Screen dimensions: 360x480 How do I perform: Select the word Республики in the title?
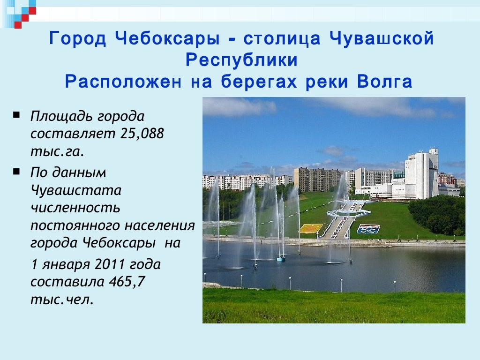coord(241,60)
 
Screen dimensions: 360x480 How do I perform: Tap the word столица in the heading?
coord(282,39)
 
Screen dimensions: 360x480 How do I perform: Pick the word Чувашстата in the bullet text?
coord(76,191)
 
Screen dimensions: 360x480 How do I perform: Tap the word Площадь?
coord(62,116)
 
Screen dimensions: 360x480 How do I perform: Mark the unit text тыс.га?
coord(57,151)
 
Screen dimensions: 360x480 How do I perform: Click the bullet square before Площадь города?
coord(17,114)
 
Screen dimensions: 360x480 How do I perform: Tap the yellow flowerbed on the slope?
coord(311,228)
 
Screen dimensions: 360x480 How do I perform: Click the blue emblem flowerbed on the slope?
coord(368,229)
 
